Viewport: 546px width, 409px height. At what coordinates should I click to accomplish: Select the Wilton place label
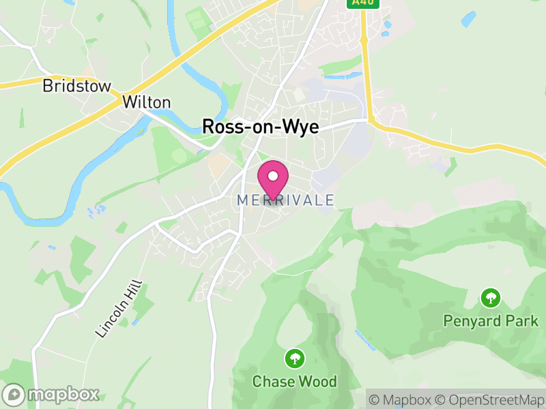[x=146, y=102]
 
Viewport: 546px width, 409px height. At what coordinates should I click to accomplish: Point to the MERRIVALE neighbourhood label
[x=286, y=200]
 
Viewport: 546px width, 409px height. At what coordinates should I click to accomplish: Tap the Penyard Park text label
[x=490, y=320]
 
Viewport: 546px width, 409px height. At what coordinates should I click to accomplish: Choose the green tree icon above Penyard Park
[x=490, y=298]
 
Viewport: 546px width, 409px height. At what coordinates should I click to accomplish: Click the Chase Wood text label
[x=295, y=381]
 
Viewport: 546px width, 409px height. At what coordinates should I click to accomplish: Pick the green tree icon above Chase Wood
[x=295, y=358]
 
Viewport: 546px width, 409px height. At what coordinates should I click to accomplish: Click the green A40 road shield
[x=362, y=3]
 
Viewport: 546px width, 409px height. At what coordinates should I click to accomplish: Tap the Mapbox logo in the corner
[x=52, y=394]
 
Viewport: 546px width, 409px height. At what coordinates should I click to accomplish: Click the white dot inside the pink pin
[x=273, y=176]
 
